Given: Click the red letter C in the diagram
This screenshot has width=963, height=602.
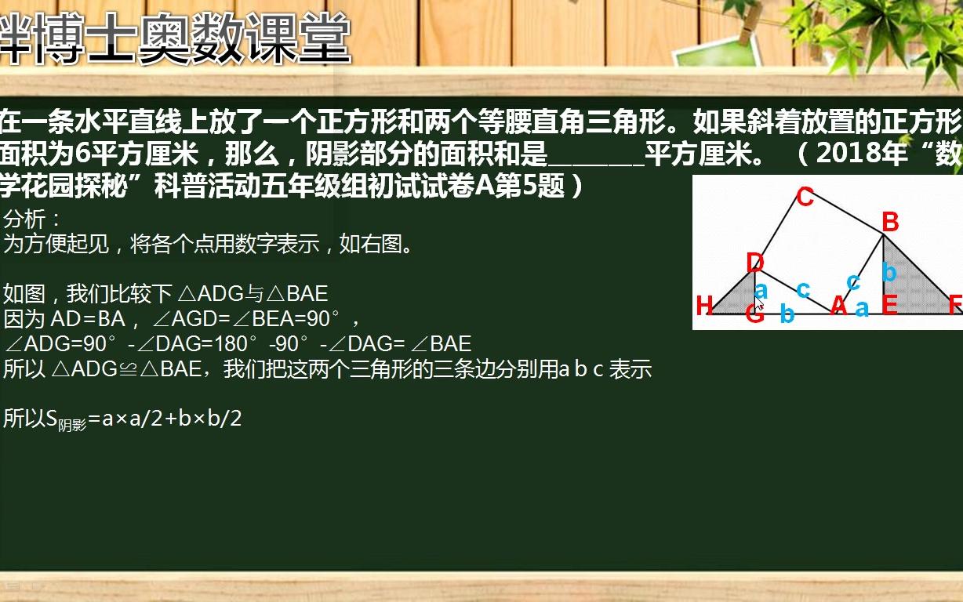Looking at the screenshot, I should click(805, 197).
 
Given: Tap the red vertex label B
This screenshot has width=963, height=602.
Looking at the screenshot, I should click(889, 223).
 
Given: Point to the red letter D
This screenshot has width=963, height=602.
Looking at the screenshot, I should click(754, 263).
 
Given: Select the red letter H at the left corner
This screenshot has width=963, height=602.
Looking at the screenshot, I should click(704, 306).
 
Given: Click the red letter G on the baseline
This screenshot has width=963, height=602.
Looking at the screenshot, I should click(754, 315).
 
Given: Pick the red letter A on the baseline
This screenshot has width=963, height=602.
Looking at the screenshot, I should click(838, 306).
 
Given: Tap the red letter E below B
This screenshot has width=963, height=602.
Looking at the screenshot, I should click(889, 306).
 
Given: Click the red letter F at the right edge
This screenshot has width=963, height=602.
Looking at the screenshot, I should click(954, 306).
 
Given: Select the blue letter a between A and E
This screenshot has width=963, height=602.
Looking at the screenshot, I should click(862, 309).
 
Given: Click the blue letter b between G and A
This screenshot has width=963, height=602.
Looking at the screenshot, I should click(787, 314).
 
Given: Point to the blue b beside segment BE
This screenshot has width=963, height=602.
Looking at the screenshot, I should click(889, 272).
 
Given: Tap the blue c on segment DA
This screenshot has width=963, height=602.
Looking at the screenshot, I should click(802, 289).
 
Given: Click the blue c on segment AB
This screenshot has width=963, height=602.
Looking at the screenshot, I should click(853, 281).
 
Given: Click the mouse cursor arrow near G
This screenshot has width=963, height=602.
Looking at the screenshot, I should click(759, 304).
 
